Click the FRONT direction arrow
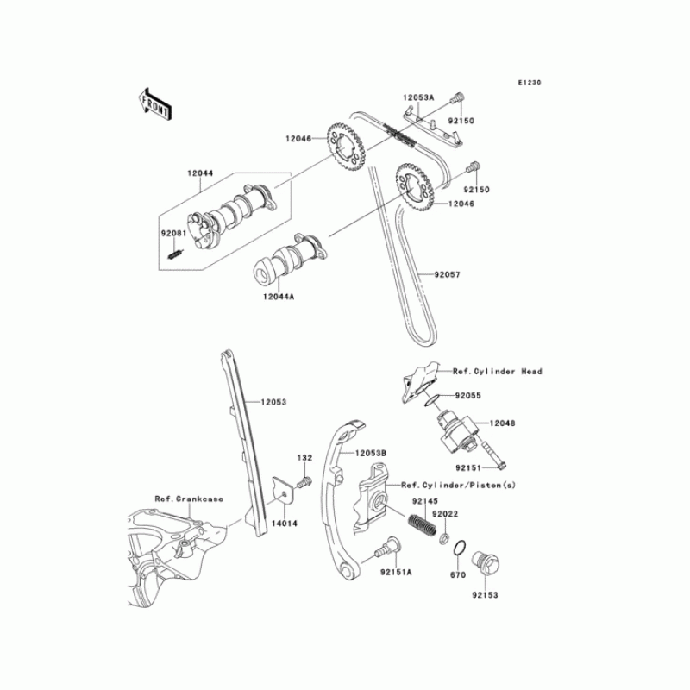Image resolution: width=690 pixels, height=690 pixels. pyautogui.click(x=154, y=102)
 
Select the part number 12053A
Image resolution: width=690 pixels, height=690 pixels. pyautogui.click(x=417, y=99)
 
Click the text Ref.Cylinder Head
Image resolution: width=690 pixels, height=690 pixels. pyautogui.click(x=498, y=371)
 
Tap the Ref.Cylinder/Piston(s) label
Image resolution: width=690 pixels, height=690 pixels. pyautogui.click(x=458, y=486)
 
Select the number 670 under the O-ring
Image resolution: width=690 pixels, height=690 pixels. pyautogui.click(x=458, y=574)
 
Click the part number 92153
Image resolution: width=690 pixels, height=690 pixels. pyautogui.click(x=484, y=594)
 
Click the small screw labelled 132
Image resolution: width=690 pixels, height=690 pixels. pyautogui.click(x=304, y=484)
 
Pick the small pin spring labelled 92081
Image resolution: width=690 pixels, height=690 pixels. pyautogui.click(x=172, y=254)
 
